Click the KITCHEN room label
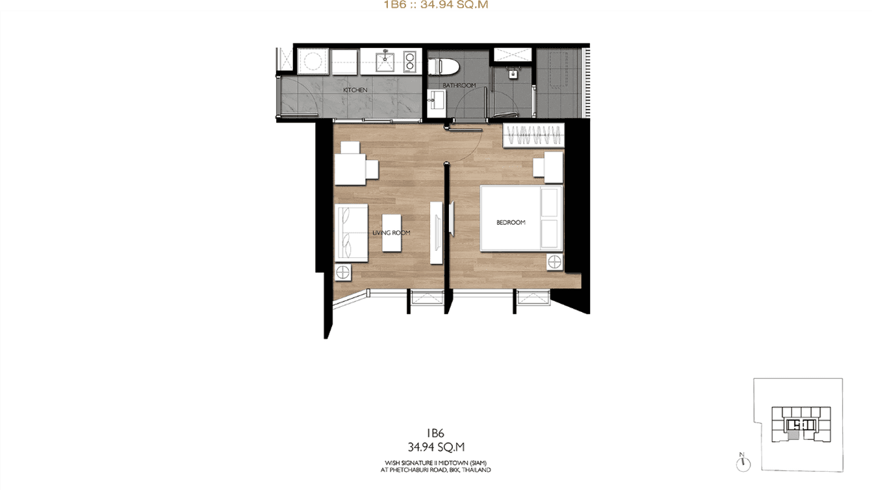[x=355, y=90]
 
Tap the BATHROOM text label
[x=459, y=85]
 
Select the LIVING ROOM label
[x=391, y=233]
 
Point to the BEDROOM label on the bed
[x=511, y=222]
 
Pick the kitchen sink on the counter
[x=384, y=62]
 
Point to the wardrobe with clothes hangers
[x=533, y=136]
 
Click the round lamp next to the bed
[x=554, y=263]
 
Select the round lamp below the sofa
[x=342, y=272]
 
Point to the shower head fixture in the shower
[x=512, y=73]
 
